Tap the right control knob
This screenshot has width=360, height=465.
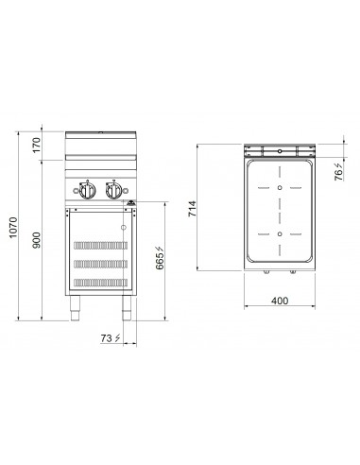[x=114, y=193]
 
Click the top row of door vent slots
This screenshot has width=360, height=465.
[x=99, y=240]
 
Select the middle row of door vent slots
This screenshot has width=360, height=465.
[x=99, y=262]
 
